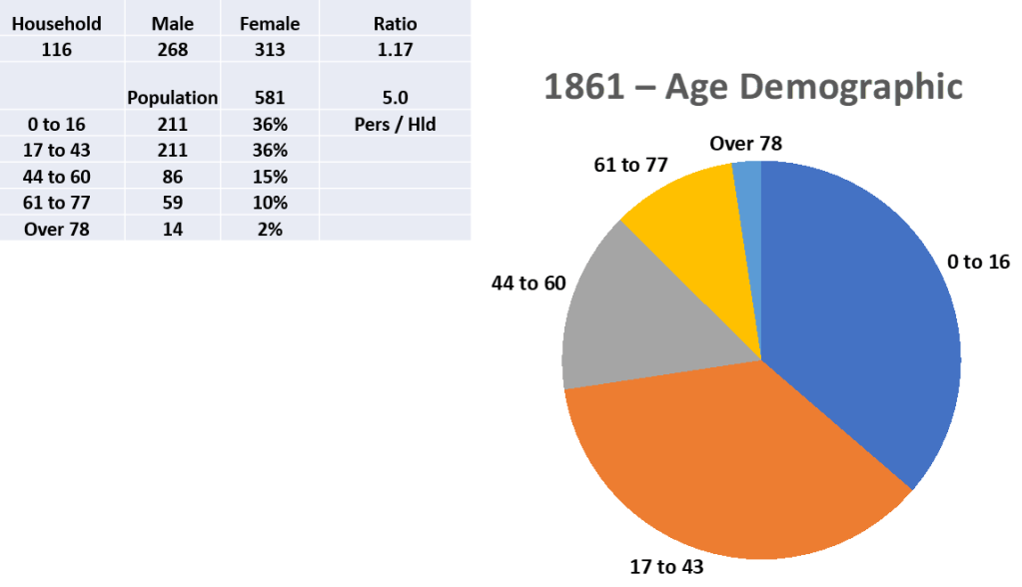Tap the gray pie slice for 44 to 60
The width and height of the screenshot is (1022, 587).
coord(639,319)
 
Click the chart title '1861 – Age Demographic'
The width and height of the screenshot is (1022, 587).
coord(753,86)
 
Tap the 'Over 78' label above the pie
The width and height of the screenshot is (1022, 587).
coord(745,144)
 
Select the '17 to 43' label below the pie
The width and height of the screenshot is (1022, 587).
coord(666,567)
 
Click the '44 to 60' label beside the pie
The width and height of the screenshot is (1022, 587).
coord(528,284)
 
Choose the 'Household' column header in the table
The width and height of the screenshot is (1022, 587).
coord(57,23)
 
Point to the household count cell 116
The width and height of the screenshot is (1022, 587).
coord(57,50)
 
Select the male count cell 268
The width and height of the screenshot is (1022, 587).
coord(172,50)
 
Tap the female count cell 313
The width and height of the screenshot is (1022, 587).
coord(270,50)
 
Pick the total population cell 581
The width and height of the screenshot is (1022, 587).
coord(270,98)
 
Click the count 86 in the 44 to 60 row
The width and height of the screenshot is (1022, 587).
coord(172,177)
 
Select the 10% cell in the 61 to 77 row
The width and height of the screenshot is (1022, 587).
coord(270,203)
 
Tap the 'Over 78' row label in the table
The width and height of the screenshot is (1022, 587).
coord(57,229)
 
